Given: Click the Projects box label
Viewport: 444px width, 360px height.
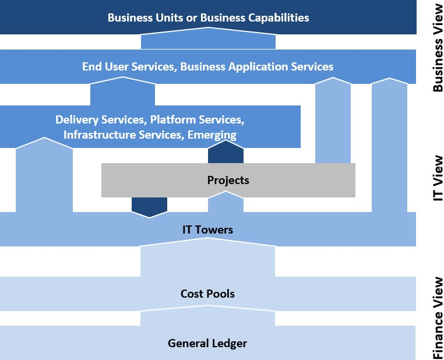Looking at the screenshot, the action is coord(228,180).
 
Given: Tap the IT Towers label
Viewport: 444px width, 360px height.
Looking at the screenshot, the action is coord(207,230).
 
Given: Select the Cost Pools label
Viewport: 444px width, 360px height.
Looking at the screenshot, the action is coord(207,294).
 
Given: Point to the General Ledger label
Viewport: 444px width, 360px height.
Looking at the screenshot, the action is coord(207,343).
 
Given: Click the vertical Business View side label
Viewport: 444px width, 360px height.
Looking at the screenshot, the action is coord(438,48).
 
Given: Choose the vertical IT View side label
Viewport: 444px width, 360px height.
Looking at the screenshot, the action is coord(438,178).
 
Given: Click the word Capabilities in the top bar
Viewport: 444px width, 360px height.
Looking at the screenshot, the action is coord(279,18).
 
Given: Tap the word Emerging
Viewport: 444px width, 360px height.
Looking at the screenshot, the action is coord(212,135).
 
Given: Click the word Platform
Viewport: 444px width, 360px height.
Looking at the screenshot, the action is coord(172,119).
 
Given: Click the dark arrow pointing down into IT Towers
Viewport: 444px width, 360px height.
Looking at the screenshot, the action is coord(150,207).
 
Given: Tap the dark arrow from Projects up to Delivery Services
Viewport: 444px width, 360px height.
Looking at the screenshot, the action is coord(225,151).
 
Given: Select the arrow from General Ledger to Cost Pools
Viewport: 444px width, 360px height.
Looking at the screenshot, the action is coord(207,315).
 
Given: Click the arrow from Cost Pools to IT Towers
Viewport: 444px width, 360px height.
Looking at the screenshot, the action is coord(207,257).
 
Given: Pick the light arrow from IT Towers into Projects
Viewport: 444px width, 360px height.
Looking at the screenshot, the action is coord(225,202).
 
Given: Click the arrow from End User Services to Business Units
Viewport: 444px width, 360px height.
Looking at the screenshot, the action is coord(208,38).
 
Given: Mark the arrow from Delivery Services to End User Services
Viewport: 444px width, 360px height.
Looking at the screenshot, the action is coord(122,91).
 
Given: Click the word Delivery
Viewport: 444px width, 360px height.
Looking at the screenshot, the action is coord(77,119).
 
